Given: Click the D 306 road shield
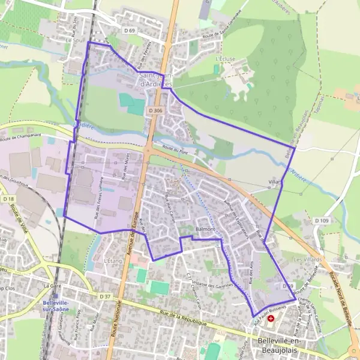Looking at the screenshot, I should tap(155, 110).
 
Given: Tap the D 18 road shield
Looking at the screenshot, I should tap(8, 199).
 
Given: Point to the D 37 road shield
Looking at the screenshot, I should tap(105, 296).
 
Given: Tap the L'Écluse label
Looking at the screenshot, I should tap(224, 60).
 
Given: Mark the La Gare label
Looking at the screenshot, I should tap(53, 286).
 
